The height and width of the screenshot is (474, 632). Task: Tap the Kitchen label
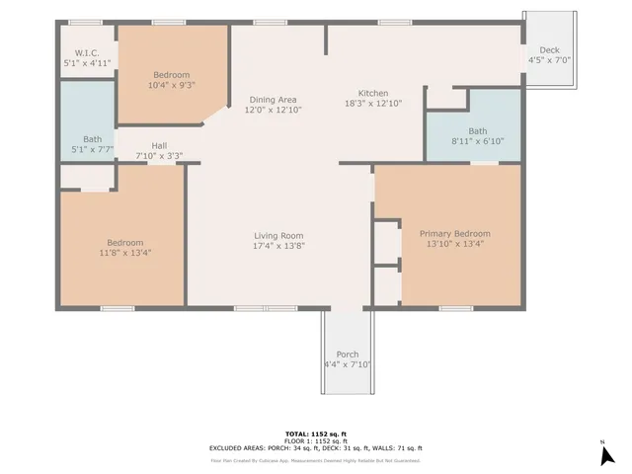[x=372, y=93]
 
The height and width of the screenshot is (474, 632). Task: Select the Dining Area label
[x=273, y=100]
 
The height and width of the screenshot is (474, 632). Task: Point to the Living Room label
[x=278, y=235]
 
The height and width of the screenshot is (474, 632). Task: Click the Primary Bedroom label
[x=458, y=234]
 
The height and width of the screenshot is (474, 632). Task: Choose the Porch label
[x=348, y=355]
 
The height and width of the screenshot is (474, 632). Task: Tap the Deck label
[x=549, y=49]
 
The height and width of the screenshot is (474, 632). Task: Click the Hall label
[x=159, y=146]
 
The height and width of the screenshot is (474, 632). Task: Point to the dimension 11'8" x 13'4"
[x=125, y=253]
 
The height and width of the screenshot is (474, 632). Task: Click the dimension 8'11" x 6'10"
[x=478, y=141]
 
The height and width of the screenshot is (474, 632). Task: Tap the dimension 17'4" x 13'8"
[x=278, y=246]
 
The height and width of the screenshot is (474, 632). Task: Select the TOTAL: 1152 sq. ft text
[x=316, y=434]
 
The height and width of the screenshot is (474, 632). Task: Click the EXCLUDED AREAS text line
[x=316, y=448]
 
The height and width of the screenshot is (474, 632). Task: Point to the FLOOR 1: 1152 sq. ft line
[x=316, y=440]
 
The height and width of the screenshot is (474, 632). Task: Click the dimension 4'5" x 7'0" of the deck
[x=549, y=60]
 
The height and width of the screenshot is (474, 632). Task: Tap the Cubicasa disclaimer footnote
[x=316, y=460]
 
